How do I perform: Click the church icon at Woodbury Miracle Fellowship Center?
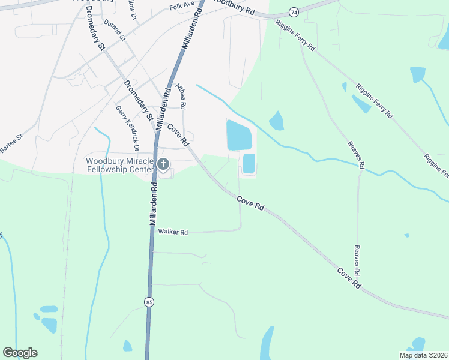coord(163,164)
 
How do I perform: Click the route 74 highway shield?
coord(293,12)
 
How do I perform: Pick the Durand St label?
coord(114,29)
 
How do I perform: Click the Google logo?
coord(20,353)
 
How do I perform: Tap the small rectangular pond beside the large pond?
coord(248,163)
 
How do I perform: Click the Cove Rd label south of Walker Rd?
coord(349,279)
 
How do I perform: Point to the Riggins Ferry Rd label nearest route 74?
coord(295,36)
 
